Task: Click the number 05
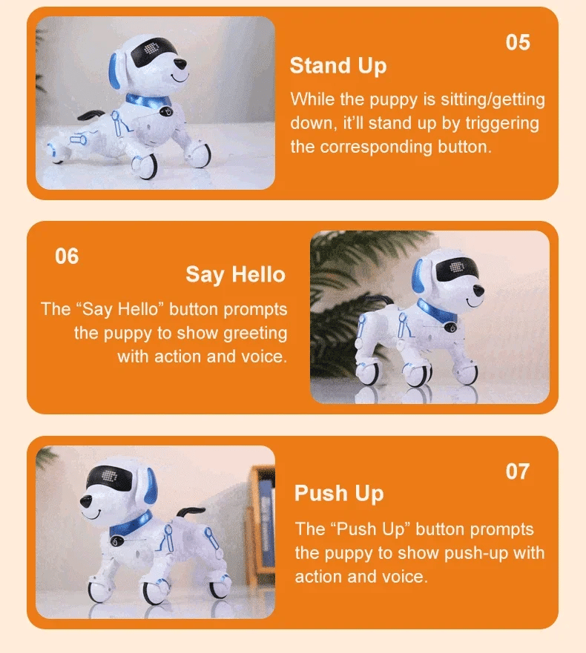(518, 42)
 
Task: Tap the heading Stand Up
(338, 66)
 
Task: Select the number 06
(67, 256)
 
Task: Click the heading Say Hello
(235, 275)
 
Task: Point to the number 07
(518, 471)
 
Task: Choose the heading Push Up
(339, 494)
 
